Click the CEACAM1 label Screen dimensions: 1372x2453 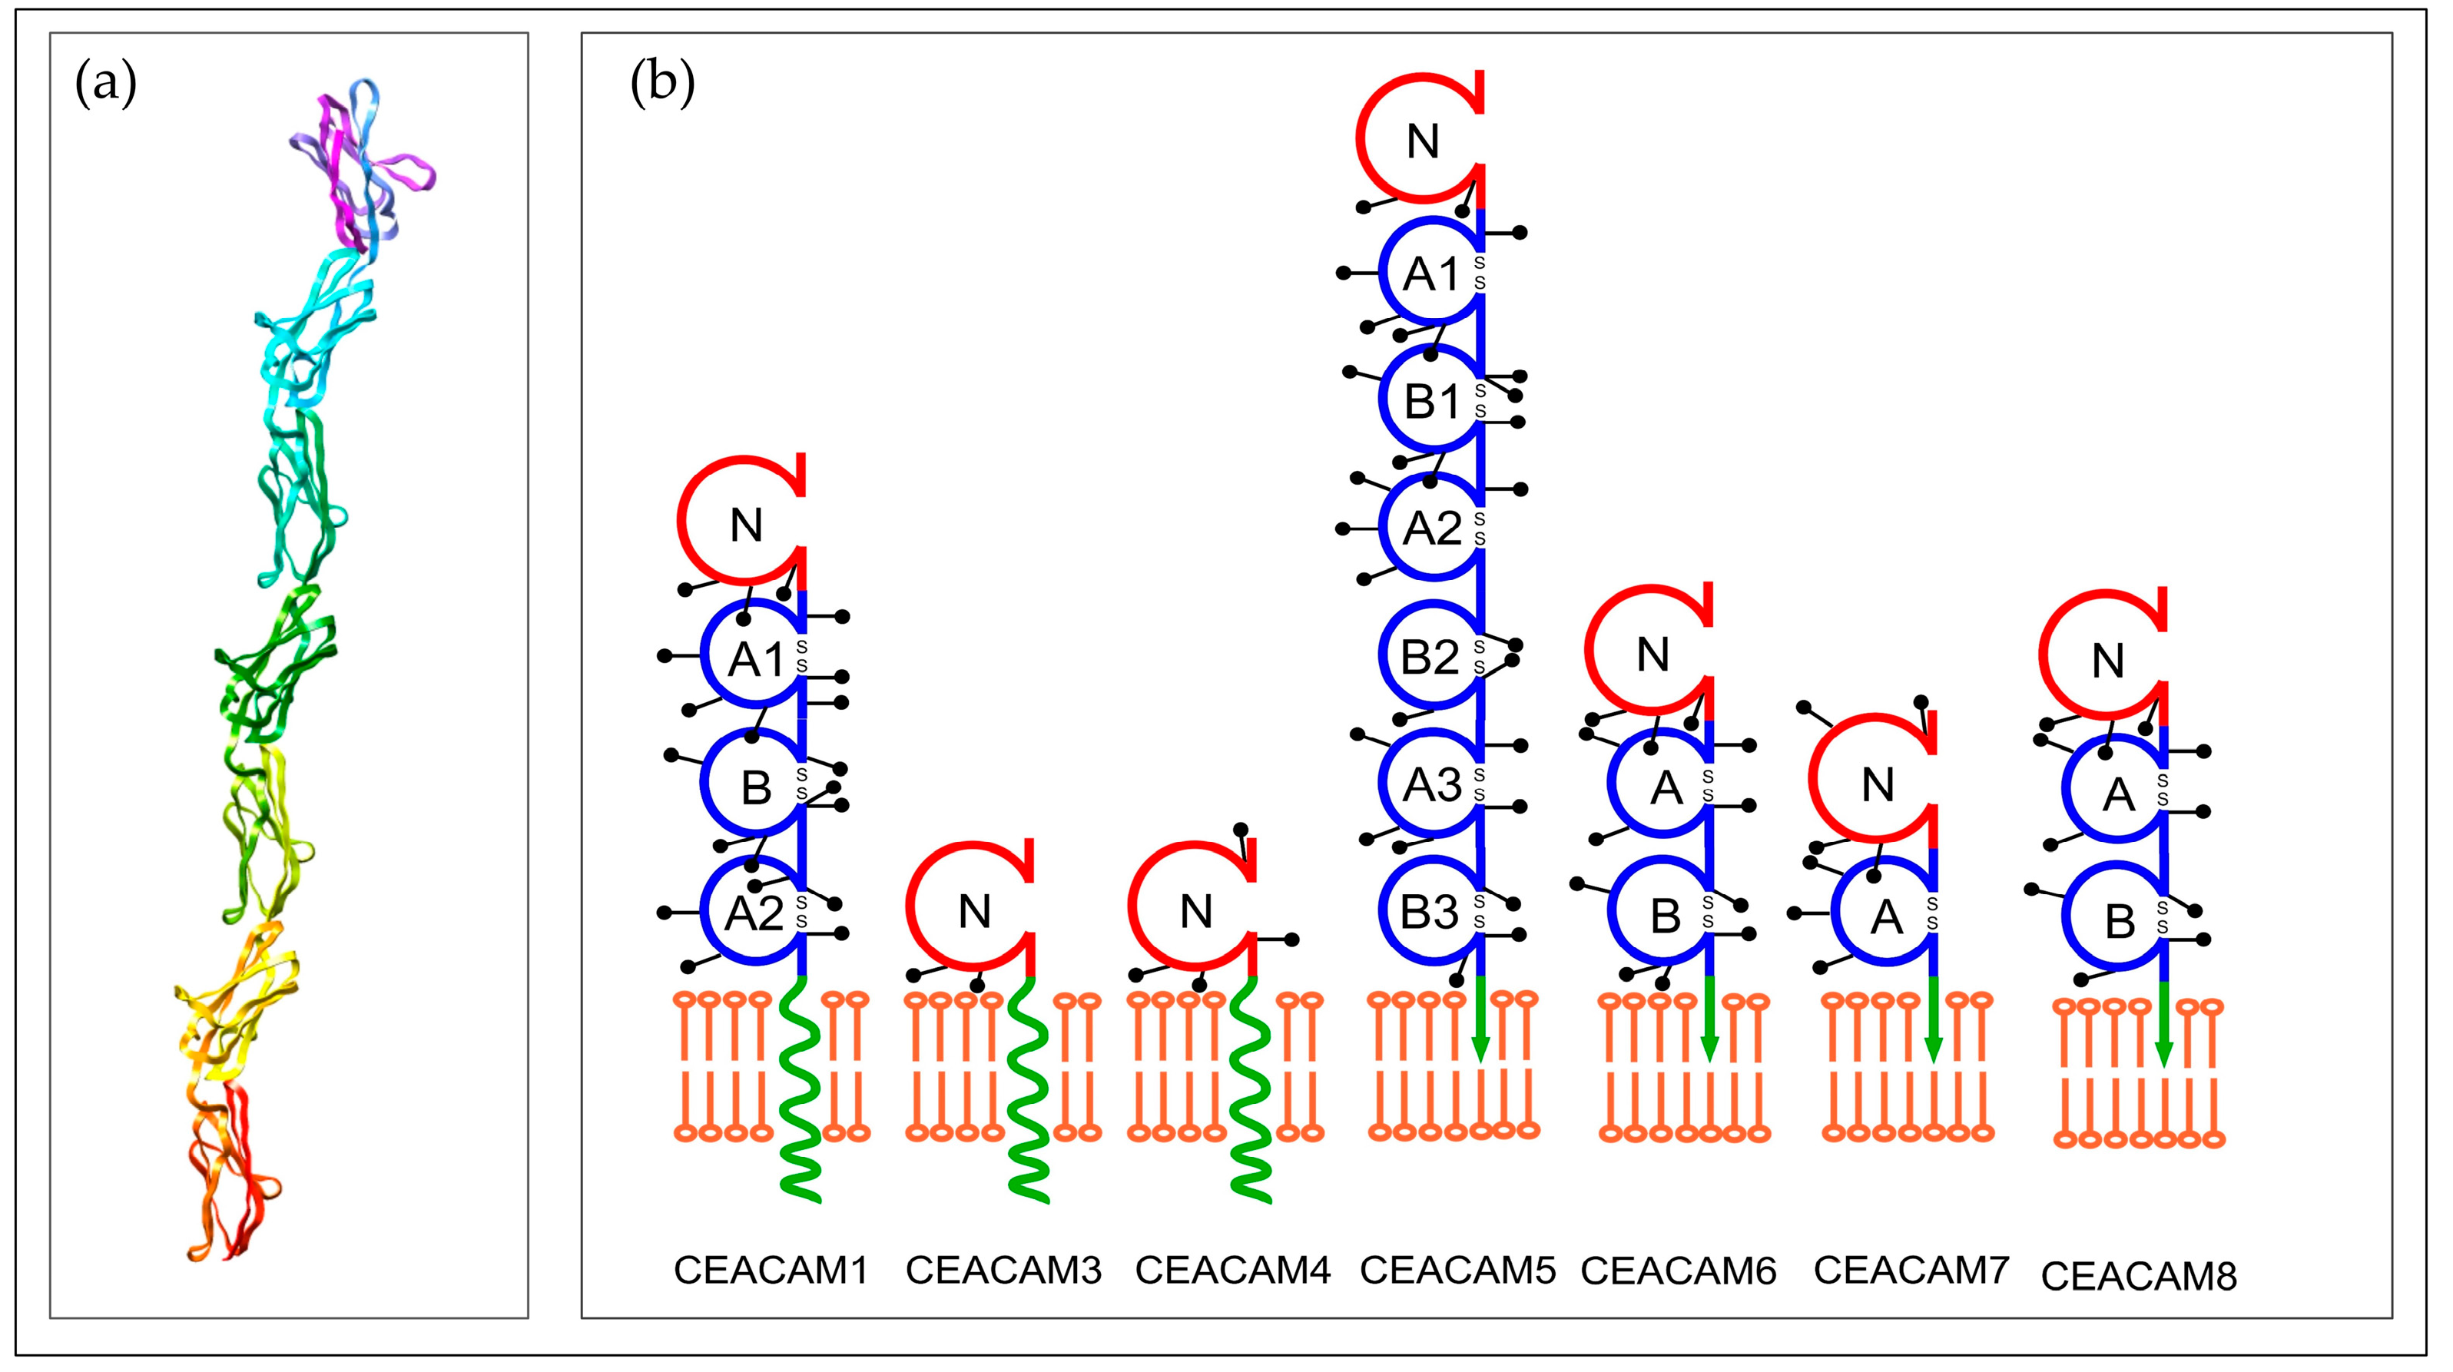(771, 1271)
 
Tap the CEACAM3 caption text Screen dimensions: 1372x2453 (1003, 1271)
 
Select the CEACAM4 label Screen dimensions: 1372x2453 (1232, 1271)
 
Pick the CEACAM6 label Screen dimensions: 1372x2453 (1678, 1271)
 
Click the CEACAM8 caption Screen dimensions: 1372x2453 (2139, 1277)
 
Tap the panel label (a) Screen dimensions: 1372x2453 (106, 84)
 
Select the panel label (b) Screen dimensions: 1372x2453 (663, 84)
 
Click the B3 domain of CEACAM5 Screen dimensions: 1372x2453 (1430, 912)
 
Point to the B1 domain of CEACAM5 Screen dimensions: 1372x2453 (1431, 402)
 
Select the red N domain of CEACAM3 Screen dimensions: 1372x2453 (973, 912)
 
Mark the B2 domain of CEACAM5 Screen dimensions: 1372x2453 (1430, 657)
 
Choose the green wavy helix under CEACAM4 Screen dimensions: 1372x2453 (1249, 1095)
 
